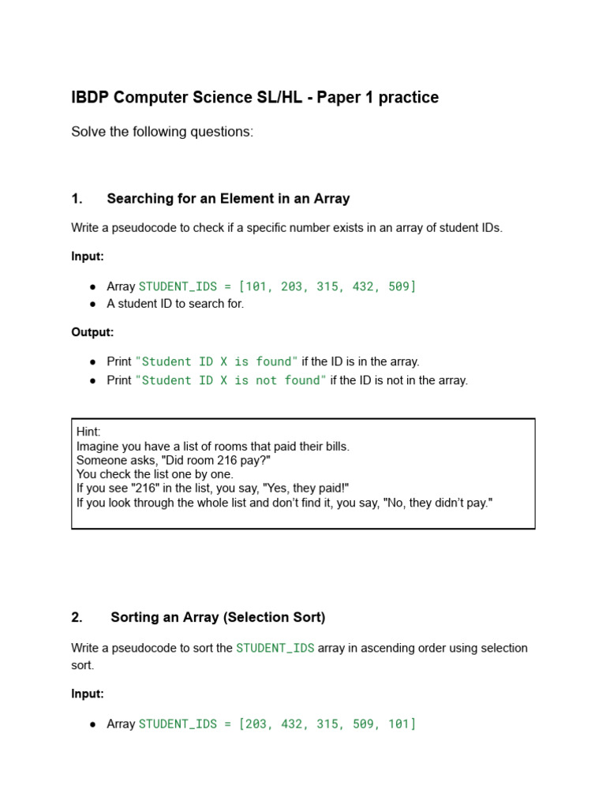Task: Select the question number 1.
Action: [x=77, y=199]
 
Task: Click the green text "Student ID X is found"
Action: [x=217, y=361]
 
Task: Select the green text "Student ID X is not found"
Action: [x=230, y=380]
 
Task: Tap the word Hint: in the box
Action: [x=88, y=432]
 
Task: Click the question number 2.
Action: [x=77, y=617]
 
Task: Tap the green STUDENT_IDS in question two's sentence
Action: [x=275, y=648]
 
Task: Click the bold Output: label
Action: [x=92, y=332]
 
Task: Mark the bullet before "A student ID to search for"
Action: [x=93, y=305]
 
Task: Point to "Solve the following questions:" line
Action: [x=162, y=132]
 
